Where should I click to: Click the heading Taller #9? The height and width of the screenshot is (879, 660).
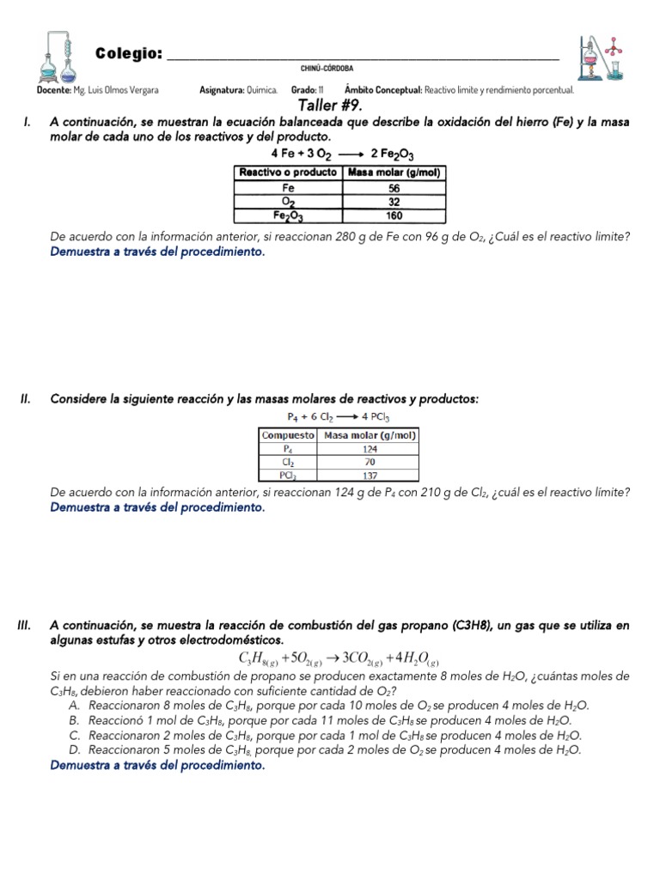tap(330, 106)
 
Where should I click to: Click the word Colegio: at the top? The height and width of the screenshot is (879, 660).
tap(129, 54)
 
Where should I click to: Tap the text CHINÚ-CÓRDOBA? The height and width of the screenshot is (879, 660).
tap(327, 69)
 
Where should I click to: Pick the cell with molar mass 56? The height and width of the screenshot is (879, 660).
tap(394, 187)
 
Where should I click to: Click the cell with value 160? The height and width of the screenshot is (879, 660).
tap(394, 217)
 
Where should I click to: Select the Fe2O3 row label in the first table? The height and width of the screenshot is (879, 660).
tap(288, 217)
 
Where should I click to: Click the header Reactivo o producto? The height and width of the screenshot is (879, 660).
tap(288, 173)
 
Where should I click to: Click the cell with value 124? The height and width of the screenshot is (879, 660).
tap(369, 448)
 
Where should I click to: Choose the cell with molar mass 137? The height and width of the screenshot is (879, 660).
tap(369, 474)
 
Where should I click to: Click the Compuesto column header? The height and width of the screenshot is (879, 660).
tap(289, 435)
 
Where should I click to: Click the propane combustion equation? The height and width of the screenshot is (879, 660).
tap(339, 658)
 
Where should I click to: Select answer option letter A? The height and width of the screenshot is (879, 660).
tap(74, 706)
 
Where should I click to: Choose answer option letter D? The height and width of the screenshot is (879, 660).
tap(74, 749)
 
